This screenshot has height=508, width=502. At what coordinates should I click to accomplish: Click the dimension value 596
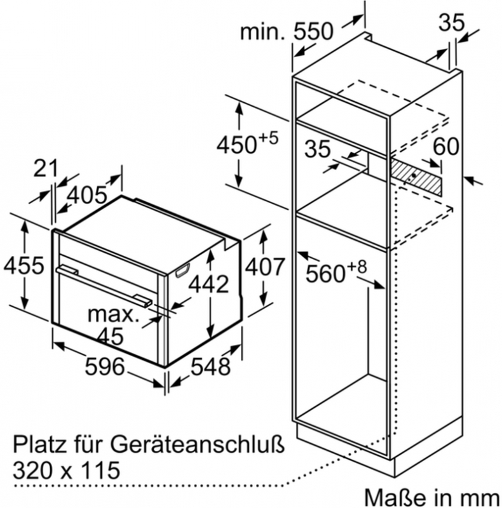104,366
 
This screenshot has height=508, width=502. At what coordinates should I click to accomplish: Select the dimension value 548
210,366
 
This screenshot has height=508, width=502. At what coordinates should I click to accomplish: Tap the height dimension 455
24,265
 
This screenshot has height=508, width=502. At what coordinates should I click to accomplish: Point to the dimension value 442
209,284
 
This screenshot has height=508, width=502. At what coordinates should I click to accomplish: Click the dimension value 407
265,267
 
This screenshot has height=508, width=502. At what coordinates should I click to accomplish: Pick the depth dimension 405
87,195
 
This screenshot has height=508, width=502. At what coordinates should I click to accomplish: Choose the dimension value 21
45,168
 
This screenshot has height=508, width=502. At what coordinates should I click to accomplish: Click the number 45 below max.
111,336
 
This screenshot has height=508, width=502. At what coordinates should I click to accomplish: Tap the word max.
114,314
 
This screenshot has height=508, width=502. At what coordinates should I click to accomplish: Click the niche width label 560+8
336,271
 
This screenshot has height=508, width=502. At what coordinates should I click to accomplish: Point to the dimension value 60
446,147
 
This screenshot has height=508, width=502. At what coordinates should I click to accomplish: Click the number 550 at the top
313,31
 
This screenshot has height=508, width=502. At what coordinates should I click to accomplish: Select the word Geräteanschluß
198,444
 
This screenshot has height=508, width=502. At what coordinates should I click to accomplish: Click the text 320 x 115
67,470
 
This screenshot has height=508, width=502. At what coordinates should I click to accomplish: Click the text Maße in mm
432,497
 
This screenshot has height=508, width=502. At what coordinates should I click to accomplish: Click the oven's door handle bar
104,285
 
